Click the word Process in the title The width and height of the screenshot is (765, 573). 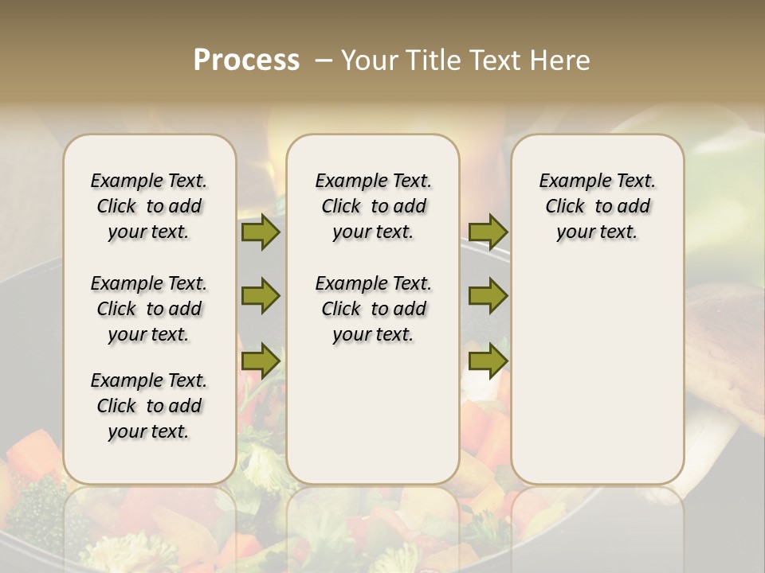246,60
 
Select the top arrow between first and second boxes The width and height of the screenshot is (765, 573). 261,232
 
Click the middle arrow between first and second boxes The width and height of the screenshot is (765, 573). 261,297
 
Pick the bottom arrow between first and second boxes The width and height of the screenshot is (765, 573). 261,361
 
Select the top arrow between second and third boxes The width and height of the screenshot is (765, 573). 488,232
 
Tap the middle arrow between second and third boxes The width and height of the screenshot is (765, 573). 488,297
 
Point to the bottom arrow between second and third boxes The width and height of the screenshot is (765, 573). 488,361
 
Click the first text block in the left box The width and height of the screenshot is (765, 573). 149,206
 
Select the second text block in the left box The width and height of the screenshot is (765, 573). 149,309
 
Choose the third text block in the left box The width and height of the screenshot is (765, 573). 149,406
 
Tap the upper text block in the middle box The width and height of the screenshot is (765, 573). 373,206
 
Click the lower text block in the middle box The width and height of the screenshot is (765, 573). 373,309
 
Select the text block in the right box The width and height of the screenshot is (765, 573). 597,206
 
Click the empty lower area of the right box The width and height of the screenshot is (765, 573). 597,374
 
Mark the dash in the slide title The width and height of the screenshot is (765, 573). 324,60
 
